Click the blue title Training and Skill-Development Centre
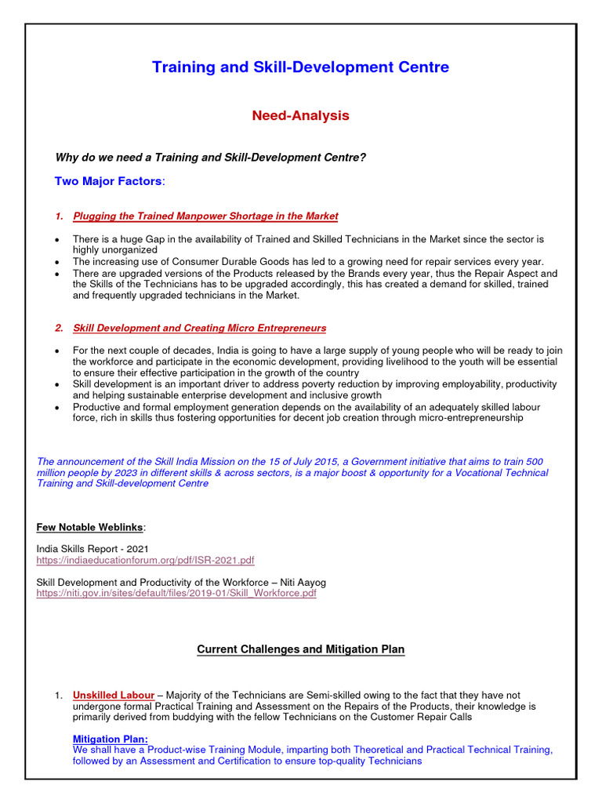tap(300, 67)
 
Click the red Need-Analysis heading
tap(300, 116)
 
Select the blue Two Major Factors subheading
tap(109, 181)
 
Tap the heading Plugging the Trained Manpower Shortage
tap(205, 216)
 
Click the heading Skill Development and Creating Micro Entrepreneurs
tap(199, 328)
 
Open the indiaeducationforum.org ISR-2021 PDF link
tap(145, 561)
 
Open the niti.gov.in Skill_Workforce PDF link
tap(176, 594)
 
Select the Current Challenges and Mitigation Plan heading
tap(300, 649)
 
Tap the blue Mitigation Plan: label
tap(110, 739)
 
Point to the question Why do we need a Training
tap(210, 158)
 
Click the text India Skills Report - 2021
tap(92, 549)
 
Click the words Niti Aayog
tap(300, 583)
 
